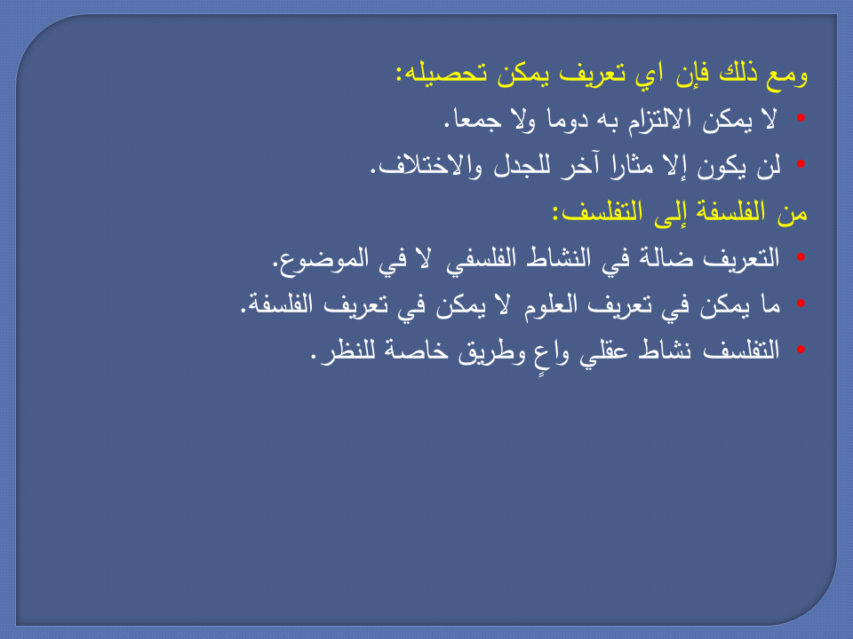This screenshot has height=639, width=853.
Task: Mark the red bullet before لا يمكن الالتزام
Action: coord(801,119)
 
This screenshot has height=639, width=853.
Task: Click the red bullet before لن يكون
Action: coord(801,165)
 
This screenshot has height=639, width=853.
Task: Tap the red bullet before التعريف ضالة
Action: coord(801,257)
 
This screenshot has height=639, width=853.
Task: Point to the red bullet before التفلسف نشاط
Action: coord(801,350)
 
